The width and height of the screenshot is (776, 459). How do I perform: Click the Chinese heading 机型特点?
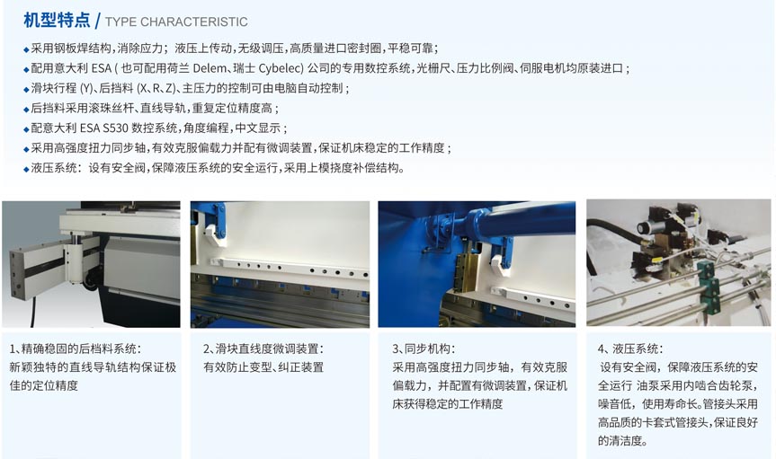[57, 21]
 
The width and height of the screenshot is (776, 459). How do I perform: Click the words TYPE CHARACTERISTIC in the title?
[176, 22]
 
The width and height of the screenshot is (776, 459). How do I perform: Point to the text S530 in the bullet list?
[115, 128]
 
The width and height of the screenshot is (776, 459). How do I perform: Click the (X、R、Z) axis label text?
[156, 88]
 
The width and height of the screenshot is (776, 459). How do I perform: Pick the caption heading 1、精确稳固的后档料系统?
[75, 349]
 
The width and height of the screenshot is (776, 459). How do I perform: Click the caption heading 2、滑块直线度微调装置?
[263, 349]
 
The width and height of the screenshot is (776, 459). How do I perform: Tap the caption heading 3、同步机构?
[424, 349]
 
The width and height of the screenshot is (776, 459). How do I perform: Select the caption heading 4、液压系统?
[630, 349]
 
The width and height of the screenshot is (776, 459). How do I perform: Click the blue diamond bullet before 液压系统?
[26, 169]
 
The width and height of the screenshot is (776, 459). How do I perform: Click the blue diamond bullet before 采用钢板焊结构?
[26, 49]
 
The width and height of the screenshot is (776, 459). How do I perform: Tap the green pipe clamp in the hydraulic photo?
[707, 281]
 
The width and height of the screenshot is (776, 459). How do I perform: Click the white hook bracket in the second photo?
[213, 235]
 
